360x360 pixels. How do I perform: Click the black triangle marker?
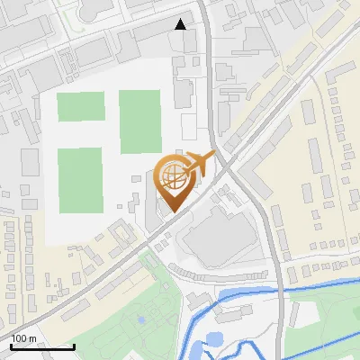point(181,24)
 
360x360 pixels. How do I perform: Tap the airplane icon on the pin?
point(198,165)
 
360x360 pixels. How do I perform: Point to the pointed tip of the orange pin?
point(171,211)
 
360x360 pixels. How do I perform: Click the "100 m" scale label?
point(23,338)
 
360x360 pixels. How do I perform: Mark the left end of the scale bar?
point(11,346)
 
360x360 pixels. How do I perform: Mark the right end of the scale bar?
point(74,346)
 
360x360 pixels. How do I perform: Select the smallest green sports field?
point(81,106)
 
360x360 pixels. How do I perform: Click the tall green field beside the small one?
point(139,121)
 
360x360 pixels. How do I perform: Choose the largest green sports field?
point(79,180)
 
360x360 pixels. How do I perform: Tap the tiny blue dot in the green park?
point(140,319)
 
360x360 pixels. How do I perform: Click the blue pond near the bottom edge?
point(213,339)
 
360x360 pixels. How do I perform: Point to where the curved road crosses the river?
point(278,289)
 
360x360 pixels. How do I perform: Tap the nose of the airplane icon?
point(212,156)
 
